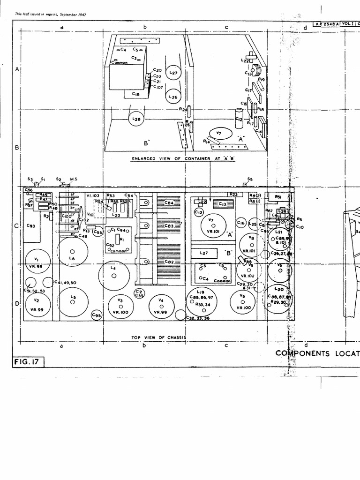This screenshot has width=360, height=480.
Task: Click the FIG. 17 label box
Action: tap(28, 362)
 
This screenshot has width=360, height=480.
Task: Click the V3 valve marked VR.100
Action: tap(120, 307)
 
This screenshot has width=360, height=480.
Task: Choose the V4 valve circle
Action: tap(161, 307)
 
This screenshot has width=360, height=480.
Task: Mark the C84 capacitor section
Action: tap(169, 203)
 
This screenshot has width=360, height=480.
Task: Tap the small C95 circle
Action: tap(97, 316)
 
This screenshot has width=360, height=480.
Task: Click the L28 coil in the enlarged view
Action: tap(136, 119)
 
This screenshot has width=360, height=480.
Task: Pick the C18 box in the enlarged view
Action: tap(135, 94)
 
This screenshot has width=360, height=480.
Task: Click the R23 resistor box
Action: tap(235, 195)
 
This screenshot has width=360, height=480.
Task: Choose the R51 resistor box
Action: tap(278, 197)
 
